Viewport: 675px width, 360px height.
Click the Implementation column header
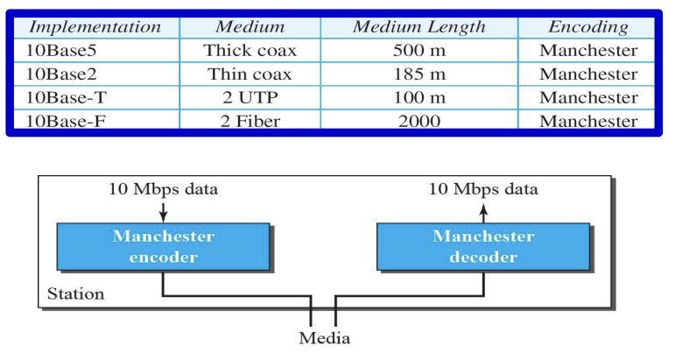click(x=95, y=27)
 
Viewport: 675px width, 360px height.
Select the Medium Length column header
click(x=419, y=27)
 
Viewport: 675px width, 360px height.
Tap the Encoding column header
click(x=588, y=27)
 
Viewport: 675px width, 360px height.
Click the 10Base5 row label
click(x=61, y=51)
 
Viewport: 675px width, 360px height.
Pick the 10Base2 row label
click(x=61, y=74)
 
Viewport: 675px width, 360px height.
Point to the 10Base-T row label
click(x=66, y=97)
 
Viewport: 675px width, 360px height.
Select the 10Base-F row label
click(x=66, y=121)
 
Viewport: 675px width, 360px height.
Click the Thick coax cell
click(x=250, y=51)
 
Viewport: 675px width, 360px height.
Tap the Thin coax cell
click(x=250, y=74)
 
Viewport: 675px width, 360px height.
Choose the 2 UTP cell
click(x=250, y=97)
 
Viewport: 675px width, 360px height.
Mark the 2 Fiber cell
click(x=250, y=121)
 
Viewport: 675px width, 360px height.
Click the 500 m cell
click(x=419, y=51)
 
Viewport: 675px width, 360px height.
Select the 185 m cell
click(x=419, y=74)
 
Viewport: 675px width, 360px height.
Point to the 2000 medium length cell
click(x=419, y=121)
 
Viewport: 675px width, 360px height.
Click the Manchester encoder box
click(x=163, y=247)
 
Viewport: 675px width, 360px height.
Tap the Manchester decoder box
click(x=483, y=247)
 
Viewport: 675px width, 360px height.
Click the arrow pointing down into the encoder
click(x=163, y=212)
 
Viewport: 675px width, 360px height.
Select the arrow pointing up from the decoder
click(x=483, y=213)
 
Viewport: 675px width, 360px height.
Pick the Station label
click(x=76, y=293)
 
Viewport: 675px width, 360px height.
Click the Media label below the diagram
click(x=325, y=338)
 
